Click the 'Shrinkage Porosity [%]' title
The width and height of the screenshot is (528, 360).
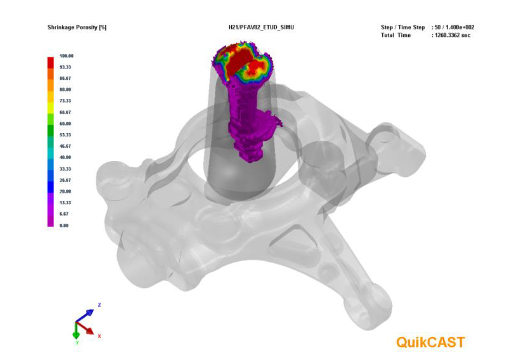77,27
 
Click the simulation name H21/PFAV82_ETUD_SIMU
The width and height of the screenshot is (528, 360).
261,27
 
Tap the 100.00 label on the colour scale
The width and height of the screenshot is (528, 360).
66,56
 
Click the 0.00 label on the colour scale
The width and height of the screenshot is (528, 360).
64,225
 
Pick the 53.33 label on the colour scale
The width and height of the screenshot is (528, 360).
65,135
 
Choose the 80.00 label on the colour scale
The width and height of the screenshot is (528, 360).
65,89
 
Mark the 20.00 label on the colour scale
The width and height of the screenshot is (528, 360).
65,191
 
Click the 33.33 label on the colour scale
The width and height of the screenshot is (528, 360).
65,169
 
